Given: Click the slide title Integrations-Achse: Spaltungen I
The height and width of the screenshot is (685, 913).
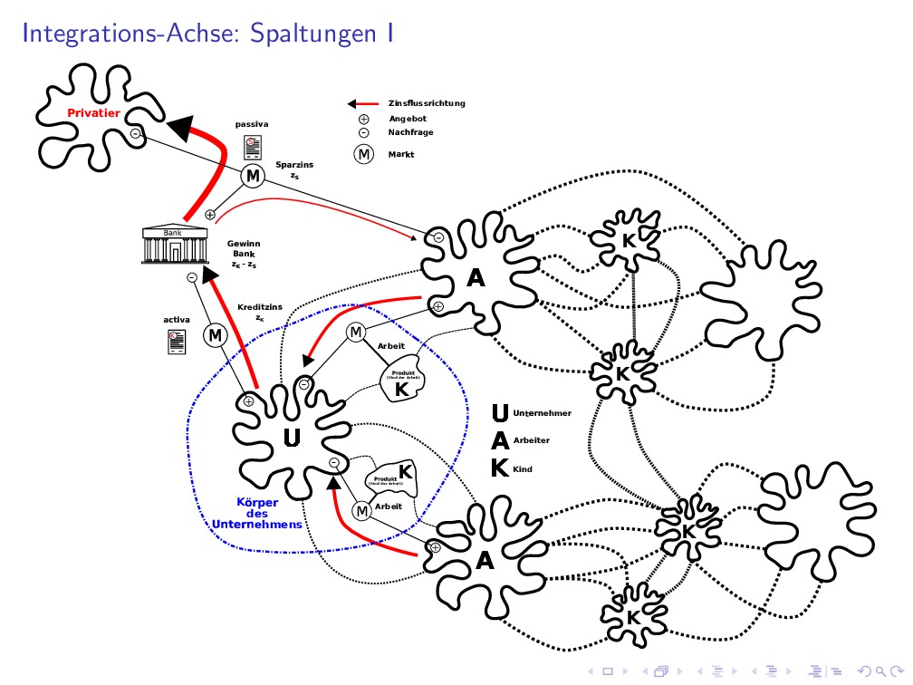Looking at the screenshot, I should point(207,34).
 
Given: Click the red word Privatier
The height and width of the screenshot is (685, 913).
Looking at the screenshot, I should point(93,113).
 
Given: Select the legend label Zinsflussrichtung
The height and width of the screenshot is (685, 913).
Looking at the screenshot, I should point(427,103).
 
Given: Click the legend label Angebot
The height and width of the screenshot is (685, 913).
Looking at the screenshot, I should point(408,118).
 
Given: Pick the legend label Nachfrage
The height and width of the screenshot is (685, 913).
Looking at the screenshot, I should point(410,132).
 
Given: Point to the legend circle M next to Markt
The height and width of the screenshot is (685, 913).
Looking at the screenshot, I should point(364,154).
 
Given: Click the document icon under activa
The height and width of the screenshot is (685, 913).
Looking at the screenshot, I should point(176,341).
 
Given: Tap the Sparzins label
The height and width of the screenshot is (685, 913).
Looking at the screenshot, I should point(294,165).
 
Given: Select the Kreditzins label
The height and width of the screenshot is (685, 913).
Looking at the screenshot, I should point(260,307).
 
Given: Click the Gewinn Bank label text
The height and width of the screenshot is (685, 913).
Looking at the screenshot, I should point(243,255).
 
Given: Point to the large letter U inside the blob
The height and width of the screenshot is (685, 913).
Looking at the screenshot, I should point(292,439).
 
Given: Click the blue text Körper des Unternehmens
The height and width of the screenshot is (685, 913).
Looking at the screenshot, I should point(257,513).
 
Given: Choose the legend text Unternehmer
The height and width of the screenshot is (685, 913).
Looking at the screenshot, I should point(542,413).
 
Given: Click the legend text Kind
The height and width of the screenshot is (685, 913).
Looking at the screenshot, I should point(523,469).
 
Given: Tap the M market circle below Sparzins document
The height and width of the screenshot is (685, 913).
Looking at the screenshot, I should point(252,176).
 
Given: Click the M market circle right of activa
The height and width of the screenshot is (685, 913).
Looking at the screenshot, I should point(216,335).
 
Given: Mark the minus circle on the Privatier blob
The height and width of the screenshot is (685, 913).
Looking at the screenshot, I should point(135,134).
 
